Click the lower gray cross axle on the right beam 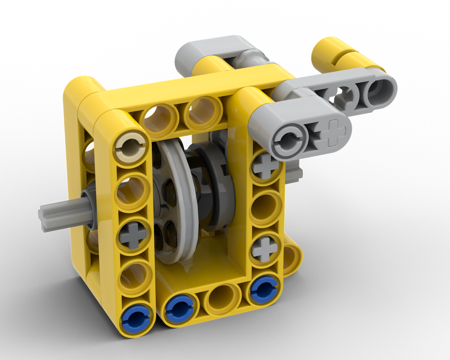(x=266, y=248)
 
